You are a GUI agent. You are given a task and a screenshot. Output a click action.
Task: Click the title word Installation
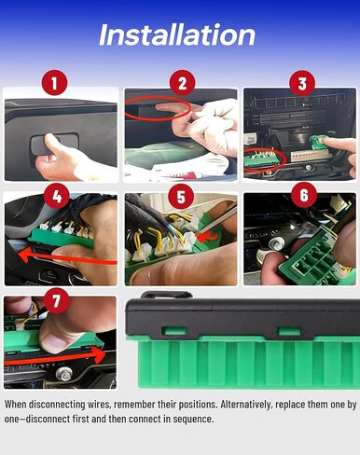[x=177, y=35]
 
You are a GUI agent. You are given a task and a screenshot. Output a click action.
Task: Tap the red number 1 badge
[x=58, y=84]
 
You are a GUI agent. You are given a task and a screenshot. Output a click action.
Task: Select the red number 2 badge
[x=181, y=84]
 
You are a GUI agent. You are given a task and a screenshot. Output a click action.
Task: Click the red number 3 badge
[x=300, y=84]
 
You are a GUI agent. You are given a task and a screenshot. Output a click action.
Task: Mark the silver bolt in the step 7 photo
[x=64, y=374]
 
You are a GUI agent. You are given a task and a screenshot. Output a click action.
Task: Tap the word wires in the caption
[x=85, y=405]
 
